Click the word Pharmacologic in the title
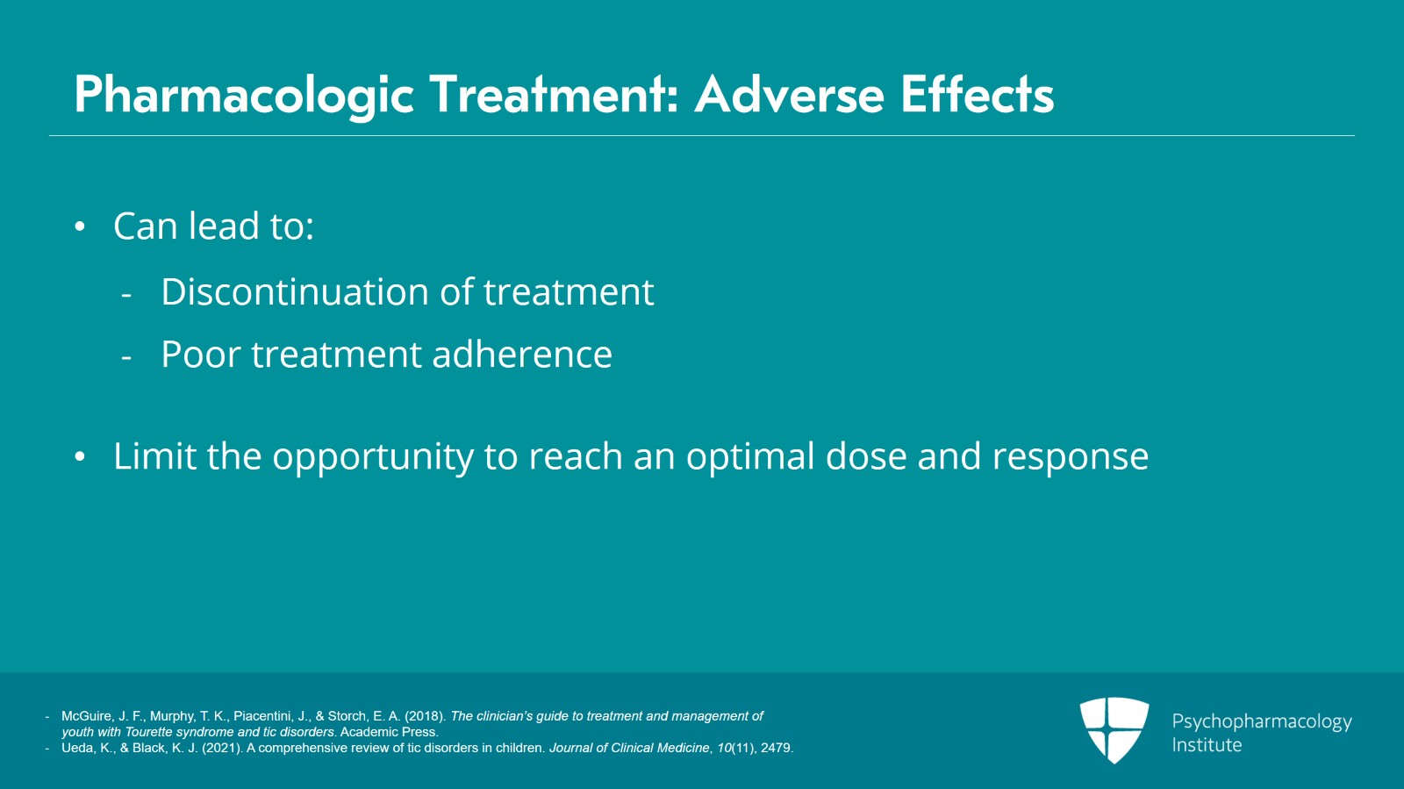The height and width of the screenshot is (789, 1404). [x=244, y=95]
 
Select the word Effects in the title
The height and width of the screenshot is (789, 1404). [x=977, y=95]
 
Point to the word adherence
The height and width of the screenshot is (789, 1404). [x=521, y=355]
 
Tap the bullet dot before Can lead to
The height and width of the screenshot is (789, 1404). [x=80, y=227]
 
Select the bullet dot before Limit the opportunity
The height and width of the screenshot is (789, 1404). [x=80, y=457]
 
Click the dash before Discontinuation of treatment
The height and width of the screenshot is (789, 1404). [x=126, y=295]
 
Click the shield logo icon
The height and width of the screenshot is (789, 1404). [x=1114, y=729]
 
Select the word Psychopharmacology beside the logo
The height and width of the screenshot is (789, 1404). [x=1261, y=722]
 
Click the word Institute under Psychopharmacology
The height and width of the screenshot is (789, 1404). [x=1207, y=745]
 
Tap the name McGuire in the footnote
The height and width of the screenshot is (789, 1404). [x=87, y=716]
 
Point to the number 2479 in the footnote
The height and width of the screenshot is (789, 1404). [x=776, y=748]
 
